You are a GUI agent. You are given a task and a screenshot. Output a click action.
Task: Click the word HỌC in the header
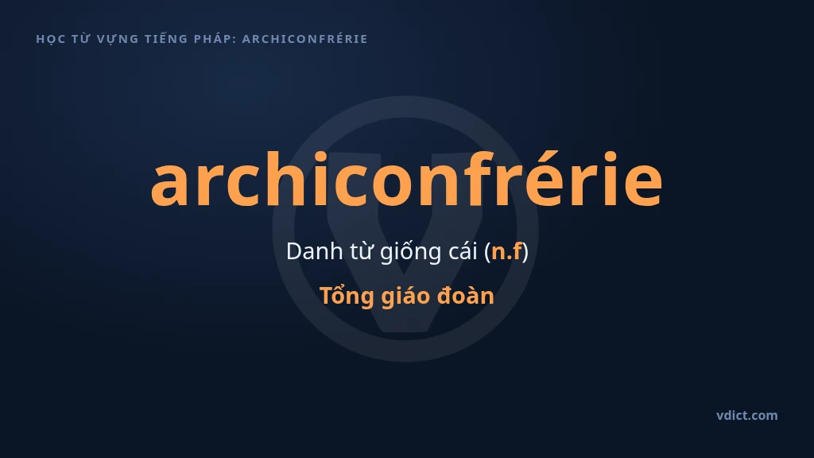pyautogui.click(x=50, y=39)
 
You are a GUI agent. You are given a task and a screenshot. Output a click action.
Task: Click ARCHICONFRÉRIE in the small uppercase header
pyautogui.click(x=304, y=38)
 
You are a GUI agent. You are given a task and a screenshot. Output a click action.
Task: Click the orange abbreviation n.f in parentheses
pyautogui.click(x=506, y=251)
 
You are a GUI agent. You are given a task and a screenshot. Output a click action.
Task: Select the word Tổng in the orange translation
pyautogui.click(x=347, y=297)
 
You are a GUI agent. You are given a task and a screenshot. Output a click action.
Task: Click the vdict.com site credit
pyautogui.click(x=747, y=415)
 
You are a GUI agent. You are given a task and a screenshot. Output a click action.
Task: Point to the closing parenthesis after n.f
pyautogui.click(x=525, y=252)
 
